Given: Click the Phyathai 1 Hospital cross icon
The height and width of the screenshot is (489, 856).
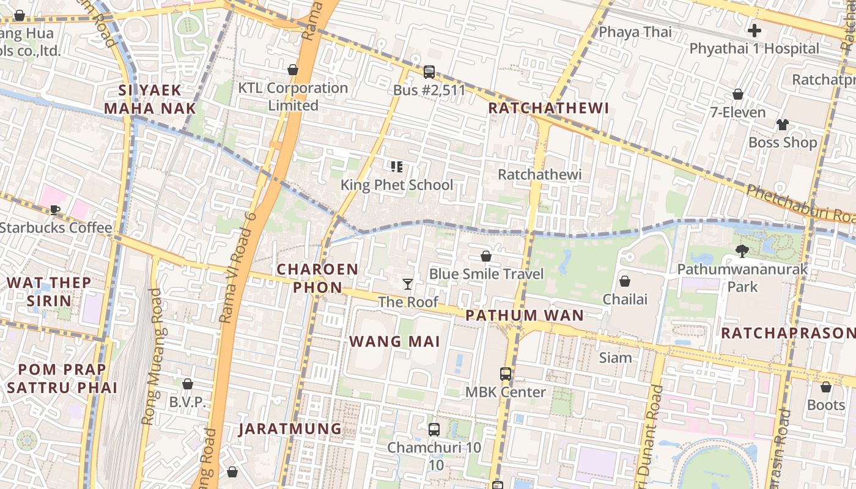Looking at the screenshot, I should (755, 30).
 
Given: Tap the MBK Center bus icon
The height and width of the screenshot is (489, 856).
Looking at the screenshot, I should (506, 373).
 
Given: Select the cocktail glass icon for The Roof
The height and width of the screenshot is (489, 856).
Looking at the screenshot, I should (408, 284).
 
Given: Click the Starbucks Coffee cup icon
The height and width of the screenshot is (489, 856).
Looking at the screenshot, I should (55, 210).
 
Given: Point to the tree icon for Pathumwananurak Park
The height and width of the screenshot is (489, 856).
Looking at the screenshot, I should (742, 250).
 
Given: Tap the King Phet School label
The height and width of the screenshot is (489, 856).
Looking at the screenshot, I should (397, 185).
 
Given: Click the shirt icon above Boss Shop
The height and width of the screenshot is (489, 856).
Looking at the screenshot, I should (783, 125).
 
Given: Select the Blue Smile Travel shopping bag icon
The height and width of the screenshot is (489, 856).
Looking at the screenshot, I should (486, 256).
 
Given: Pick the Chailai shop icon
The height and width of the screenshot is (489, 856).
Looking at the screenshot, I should (625, 281).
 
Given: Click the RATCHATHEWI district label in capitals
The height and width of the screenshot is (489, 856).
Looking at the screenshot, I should (549, 108).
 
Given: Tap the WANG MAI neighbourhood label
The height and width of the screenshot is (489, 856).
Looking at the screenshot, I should (395, 341).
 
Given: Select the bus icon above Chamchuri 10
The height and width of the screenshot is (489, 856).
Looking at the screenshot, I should (434, 430).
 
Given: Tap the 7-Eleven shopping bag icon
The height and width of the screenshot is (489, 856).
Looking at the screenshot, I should (738, 94).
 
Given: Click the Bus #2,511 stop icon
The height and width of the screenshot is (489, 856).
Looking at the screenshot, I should (429, 72).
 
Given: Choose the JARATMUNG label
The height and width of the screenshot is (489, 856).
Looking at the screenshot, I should (290, 428).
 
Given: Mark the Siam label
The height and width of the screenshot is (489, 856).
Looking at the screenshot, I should (615, 358).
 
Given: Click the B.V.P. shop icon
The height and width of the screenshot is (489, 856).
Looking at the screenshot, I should (188, 384).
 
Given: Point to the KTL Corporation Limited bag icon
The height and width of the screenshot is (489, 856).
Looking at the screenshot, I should (293, 70).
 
